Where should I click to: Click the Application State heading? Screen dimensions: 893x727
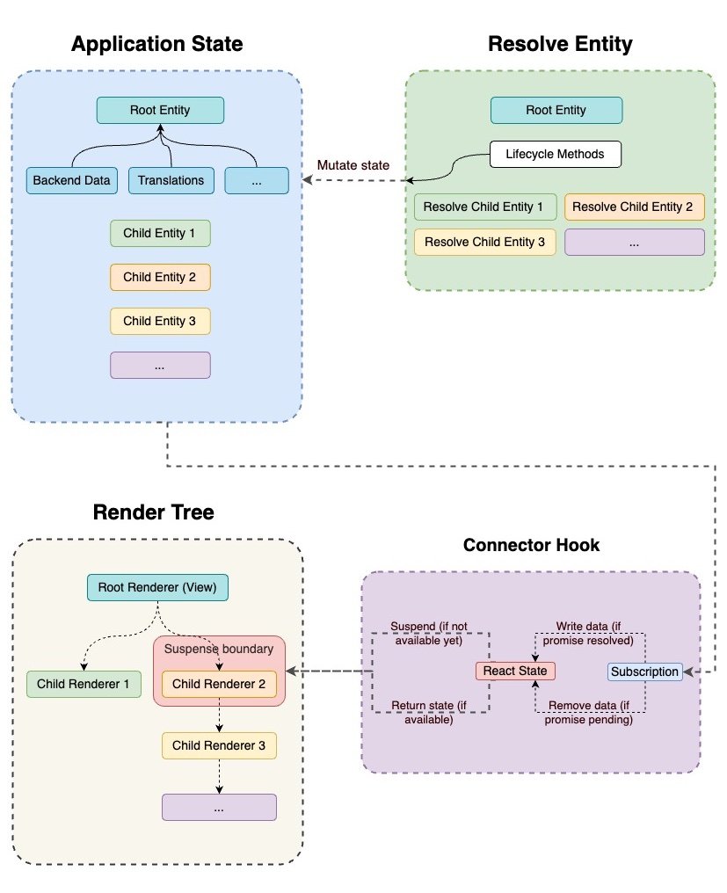point(156,44)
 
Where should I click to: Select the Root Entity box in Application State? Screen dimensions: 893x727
point(160,110)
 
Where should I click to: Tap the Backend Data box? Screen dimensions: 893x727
point(72,180)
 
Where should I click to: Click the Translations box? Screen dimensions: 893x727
point(171,180)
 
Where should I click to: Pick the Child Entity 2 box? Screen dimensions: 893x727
point(160,277)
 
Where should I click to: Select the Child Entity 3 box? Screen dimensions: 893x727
point(160,321)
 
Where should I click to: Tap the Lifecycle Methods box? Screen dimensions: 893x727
point(555,154)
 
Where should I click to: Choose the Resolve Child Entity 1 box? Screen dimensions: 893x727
point(485,207)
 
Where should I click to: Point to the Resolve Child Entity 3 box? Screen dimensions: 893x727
point(485,242)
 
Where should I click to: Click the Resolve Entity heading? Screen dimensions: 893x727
point(559,44)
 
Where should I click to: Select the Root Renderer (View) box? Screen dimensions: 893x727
point(157,587)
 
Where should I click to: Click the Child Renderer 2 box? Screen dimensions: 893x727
point(219,683)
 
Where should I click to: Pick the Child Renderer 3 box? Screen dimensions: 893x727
point(219,745)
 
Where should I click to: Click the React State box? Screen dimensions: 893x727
point(515,671)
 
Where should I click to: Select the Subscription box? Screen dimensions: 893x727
point(645,672)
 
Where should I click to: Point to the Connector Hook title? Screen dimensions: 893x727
point(531,545)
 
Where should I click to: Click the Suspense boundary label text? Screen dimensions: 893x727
point(219,650)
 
